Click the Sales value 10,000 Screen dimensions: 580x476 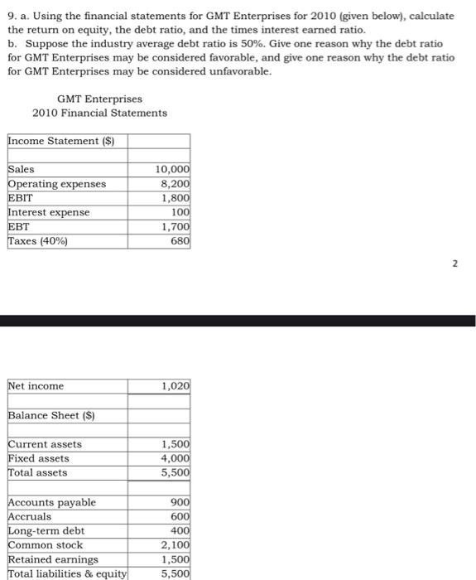pos(173,169)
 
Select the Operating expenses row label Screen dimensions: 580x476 pos(57,184)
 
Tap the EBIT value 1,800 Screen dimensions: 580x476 pos(175,198)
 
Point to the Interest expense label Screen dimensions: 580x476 pos(49,212)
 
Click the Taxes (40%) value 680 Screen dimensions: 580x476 pos(180,241)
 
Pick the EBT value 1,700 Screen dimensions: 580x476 pos(175,226)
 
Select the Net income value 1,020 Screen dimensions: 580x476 pos(175,386)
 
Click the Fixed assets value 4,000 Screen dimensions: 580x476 pos(175,458)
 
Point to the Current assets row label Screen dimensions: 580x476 pos(45,444)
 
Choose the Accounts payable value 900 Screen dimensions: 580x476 pos(180,502)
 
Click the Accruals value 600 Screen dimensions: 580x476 pos(180,516)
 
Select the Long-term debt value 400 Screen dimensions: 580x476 pos(180,530)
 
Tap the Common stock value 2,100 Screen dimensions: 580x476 pos(175,545)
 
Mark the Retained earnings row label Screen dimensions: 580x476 pos(53,559)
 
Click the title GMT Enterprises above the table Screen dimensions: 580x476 pos(99,99)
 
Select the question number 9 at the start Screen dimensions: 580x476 pos(10,17)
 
